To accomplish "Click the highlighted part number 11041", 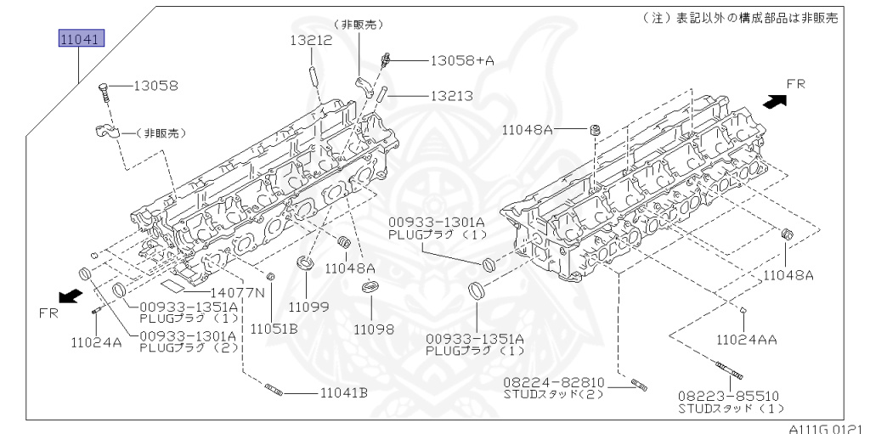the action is [82, 39].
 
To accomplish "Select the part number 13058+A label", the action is [462, 60].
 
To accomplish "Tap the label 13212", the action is [311, 40].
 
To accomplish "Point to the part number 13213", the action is [452, 96].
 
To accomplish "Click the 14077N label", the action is [238, 292].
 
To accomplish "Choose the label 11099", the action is [308, 307].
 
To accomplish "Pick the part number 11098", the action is [374, 329].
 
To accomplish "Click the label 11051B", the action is [274, 329].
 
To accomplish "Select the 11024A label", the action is [96, 342].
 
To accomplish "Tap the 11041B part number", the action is [344, 393].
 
